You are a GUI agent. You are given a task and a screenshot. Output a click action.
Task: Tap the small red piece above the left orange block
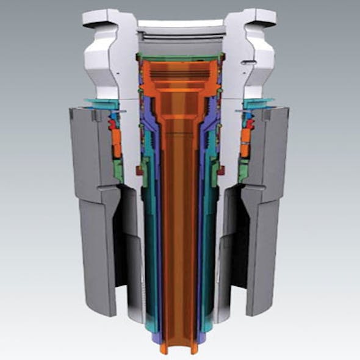112,124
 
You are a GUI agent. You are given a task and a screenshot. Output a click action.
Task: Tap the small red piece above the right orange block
249,124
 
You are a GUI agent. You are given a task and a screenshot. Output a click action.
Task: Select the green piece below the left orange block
117,171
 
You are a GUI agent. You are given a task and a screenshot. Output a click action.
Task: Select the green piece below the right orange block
243,171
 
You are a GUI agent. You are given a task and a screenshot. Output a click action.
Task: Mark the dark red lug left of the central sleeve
140,172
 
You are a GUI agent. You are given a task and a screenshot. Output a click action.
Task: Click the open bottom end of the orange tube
179,347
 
